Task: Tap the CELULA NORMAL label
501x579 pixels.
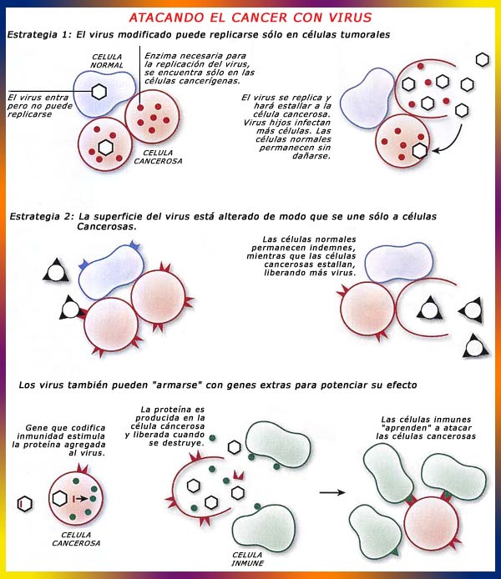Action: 107,61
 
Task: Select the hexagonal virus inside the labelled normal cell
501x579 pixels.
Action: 99,91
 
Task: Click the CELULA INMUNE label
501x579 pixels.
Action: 247,559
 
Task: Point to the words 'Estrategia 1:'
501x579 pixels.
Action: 38,35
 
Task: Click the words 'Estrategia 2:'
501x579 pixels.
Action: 42,216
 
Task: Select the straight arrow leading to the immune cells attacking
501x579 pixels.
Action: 332,492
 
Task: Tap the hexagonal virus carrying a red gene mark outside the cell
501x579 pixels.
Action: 25,503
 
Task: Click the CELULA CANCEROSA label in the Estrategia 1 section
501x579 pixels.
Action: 158,157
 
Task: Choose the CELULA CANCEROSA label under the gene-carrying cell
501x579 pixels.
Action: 76,539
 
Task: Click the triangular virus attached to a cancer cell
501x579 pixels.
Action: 70,308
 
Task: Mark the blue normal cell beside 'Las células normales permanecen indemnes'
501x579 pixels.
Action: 399,262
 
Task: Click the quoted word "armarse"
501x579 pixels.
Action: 177,385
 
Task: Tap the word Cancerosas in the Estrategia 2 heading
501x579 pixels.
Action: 107,226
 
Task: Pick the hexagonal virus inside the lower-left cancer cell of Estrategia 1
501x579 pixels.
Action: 106,148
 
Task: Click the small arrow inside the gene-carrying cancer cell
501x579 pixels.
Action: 82,499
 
